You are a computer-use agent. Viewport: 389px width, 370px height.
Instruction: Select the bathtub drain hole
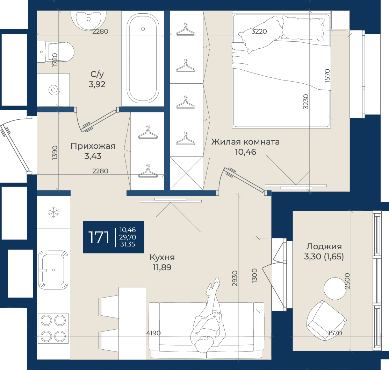[143, 29]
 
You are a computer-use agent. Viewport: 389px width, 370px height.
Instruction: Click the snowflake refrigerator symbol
[53, 212]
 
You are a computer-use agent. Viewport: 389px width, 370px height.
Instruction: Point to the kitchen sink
[53, 270]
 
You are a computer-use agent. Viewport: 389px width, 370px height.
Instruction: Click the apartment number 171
[99, 237]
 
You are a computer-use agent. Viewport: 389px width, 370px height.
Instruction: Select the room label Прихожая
[93, 146]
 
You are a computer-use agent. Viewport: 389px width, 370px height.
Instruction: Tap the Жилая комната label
[245, 142]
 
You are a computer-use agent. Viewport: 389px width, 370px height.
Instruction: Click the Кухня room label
[162, 257]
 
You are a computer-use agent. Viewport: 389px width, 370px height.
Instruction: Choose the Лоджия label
[324, 246]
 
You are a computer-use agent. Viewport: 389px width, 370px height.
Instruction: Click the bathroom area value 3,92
[97, 84]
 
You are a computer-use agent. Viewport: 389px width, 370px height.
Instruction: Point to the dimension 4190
[153, 333]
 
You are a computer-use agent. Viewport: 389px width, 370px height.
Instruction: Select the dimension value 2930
[235, 278]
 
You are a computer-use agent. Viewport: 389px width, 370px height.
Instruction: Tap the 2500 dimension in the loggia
[347, 281]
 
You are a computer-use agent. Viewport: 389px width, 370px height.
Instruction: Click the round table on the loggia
[335, 288]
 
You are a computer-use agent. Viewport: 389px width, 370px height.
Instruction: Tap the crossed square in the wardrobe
[187, 173]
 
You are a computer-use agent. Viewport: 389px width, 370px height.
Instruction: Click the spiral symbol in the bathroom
[54, 90]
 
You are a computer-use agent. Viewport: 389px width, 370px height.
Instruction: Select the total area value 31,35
[128, 245]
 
